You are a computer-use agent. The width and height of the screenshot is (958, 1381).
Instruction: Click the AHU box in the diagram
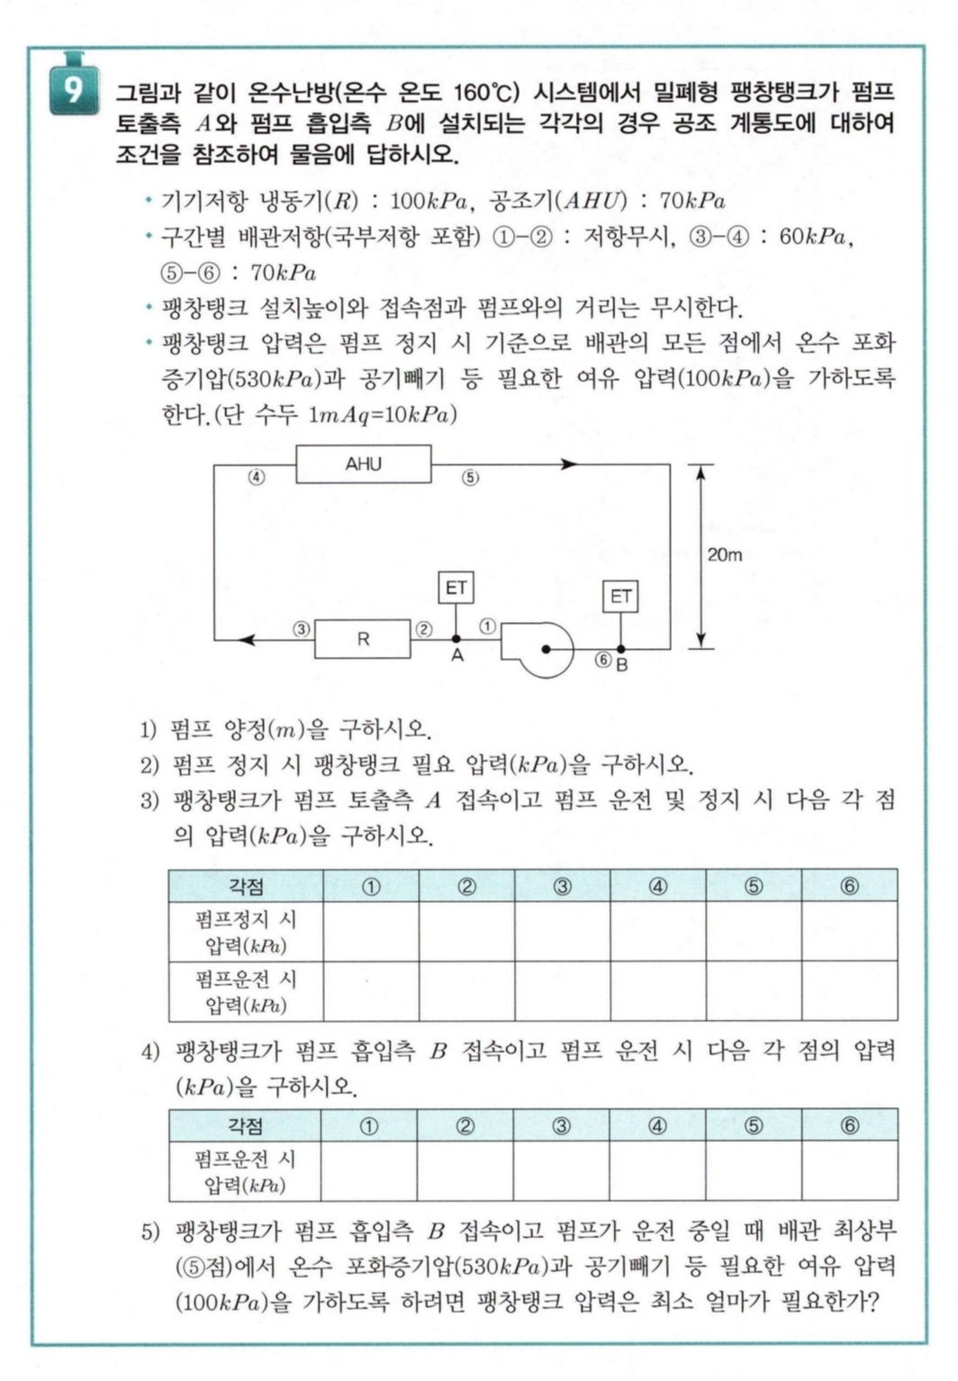[x=364, y=465]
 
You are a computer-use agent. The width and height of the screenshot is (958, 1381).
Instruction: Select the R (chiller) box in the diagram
[x=363, y=639]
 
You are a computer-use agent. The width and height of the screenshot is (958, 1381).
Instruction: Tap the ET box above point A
[x=456, y=588]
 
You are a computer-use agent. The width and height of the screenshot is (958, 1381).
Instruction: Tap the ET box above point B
[x=620, y=597]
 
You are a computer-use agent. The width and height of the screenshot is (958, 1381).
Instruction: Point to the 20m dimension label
[x=724, y=555]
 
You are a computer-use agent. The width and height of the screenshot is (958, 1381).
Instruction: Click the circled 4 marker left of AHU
[x=257, y=477]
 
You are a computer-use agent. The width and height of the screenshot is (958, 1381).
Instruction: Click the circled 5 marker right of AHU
[x=470, y=478]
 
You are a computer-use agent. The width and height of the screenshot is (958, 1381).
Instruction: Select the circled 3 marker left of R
[x=302, y=629]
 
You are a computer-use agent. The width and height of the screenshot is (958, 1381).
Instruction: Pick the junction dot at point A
[x=456, y=639]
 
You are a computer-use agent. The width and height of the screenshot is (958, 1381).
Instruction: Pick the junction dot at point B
[x=620, y=648]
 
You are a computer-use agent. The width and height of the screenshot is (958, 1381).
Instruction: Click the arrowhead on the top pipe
[x=568, y=465]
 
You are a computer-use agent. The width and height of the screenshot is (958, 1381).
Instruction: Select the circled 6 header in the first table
[x=849, y=886]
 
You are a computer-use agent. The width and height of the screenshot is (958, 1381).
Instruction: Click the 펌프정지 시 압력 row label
[x=246, y=932]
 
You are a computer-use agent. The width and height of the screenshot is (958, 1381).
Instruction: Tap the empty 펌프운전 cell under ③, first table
[x=562, y=991]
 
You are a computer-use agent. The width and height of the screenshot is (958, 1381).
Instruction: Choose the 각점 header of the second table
[x=245, y=1125]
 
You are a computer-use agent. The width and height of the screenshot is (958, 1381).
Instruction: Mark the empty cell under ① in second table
[x=369, y=1171]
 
